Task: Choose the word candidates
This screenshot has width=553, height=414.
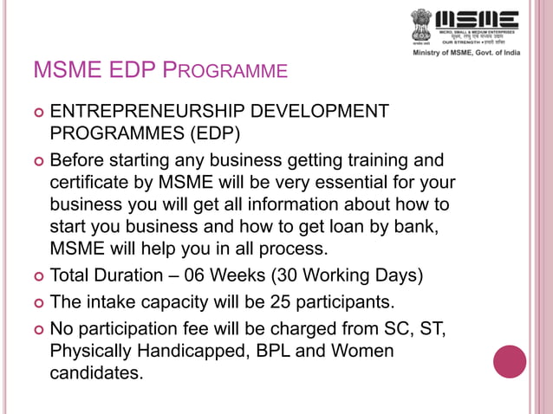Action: tap(95, 375)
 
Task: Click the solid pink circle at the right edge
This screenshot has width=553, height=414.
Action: tap(510, 361)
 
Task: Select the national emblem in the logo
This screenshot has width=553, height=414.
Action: tap(422, 25)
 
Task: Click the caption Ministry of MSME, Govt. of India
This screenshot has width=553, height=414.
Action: tap(477, 54)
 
